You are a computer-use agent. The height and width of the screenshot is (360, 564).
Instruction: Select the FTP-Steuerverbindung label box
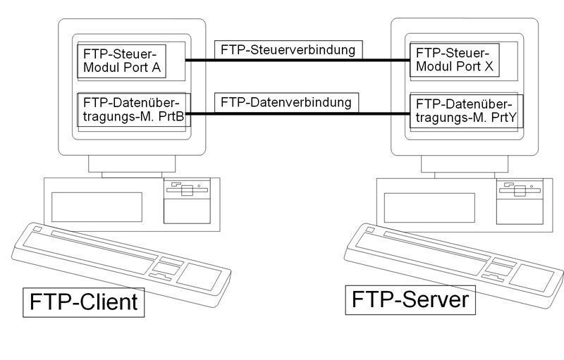(289, 49)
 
